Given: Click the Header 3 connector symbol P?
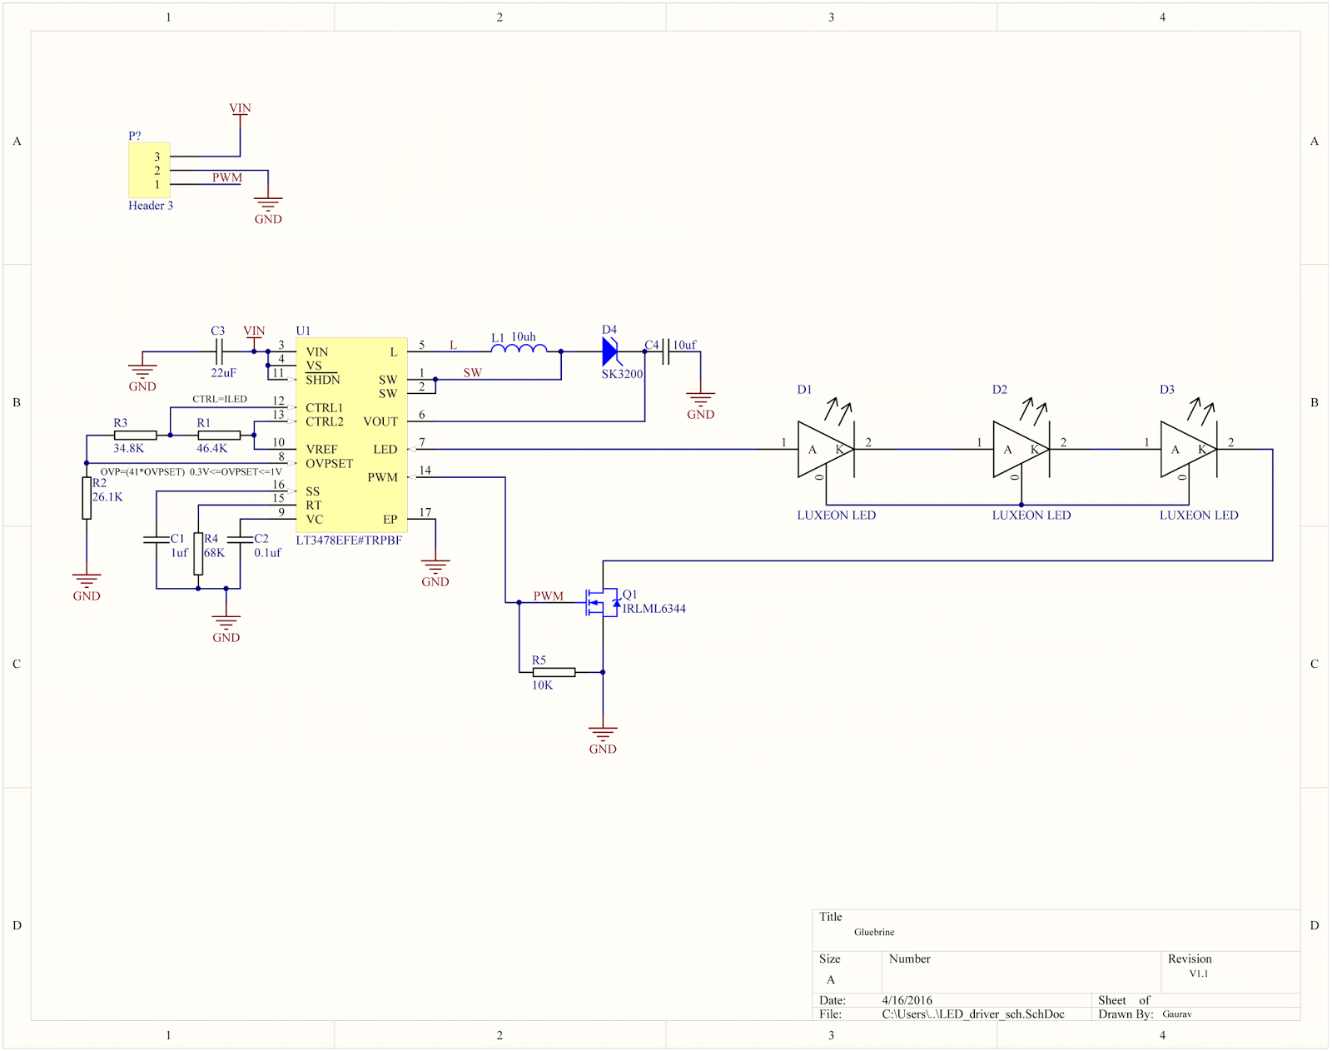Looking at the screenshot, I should point(149,170).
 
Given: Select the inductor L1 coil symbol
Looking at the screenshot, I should point(519,350).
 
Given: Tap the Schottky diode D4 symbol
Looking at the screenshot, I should point(610,351).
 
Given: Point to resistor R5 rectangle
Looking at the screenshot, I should point(554,672).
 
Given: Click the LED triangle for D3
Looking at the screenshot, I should point(1188,449).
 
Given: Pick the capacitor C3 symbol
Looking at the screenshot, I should point(219,351).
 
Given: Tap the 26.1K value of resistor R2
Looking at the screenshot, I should point(107,497).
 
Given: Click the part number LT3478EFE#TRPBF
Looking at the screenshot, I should point(349,540).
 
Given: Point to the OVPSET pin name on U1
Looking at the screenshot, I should point(329,464).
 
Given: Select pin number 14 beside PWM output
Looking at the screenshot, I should point(425,471).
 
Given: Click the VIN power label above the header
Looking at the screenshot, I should point(240,108).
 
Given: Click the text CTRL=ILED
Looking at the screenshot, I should point(220,399).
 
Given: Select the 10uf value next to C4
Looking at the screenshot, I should point(684,345).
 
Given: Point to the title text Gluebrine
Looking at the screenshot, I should point(873,932).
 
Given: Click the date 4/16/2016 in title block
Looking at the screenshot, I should point(907,1000).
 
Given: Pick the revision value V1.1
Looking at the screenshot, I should point(1198,974).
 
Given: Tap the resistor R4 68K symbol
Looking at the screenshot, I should point(198,554).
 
